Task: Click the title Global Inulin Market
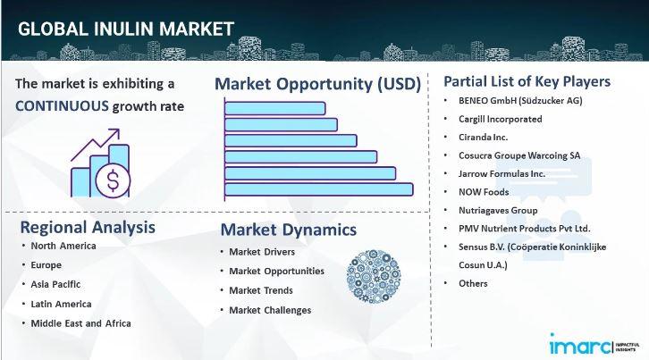point(126,29)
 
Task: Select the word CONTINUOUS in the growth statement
point(62,106)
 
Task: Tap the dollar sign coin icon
point(113,180)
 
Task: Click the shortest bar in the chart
point(274,108)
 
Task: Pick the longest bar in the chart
point(319,189)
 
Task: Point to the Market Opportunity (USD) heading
point(317,84)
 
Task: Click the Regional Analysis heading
point(88,227)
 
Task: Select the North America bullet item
point(63,246)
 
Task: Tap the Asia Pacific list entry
point(55,284)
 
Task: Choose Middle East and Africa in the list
point(80,323)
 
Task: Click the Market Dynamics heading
point(289,230)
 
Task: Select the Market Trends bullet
point(261,290)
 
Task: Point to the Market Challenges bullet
point(270,310)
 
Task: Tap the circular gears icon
point(374,276)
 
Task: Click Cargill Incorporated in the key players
point(500,119)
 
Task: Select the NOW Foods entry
point(484,192)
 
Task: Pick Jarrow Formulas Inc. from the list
point(501,174)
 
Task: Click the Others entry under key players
point(473,283)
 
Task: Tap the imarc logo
point(594,345)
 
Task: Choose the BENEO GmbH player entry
point(520,101)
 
